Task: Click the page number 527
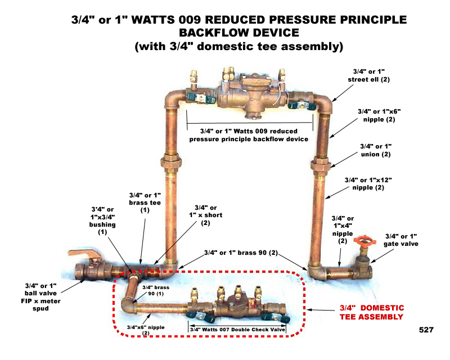tap(426, 330)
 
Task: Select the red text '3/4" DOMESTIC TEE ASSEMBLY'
tap(371, 312)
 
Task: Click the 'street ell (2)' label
tap(371, 75)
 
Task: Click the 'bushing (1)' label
tap(102, 220)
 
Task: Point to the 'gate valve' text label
tap(400, 240)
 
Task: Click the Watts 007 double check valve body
tap(236, 307)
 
